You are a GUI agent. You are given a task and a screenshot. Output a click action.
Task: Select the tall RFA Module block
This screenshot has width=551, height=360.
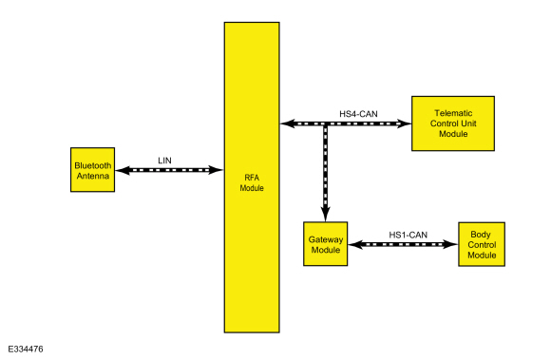pyautogui.click(x=251, y=177)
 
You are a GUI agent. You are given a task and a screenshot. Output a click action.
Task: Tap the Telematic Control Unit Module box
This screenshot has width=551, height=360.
pyautogui.click(x=452, y=123)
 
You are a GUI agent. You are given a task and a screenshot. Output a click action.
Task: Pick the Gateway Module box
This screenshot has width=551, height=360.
pyautogui.click(x=325, y=244)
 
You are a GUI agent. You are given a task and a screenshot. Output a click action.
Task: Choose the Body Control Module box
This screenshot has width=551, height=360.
pyautogui.click(x=482, y=244)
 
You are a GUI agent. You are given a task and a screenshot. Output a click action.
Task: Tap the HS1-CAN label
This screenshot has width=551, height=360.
pyautogui.click(x=408, y=234)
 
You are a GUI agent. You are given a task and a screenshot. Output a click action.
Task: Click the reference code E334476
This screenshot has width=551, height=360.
pyautogui.click(x=28, y=350)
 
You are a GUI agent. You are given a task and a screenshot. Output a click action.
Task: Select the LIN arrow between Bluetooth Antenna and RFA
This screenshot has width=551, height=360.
pyautogui.click(x=167, y=170)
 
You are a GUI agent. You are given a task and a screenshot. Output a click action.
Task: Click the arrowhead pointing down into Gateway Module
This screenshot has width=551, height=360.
pyautogui.click(x=325, y=215)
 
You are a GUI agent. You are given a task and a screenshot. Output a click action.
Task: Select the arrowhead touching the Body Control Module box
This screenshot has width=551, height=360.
pyautogui.click(x=451, y=244)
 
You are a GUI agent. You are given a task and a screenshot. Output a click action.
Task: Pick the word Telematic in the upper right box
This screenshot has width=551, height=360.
pyautogui.click(x=452, y=113)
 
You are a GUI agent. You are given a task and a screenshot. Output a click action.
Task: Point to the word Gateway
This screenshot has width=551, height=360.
pyautogui.click(x=325, y=238)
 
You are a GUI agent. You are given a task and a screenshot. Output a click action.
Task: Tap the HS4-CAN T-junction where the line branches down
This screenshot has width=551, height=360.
pyautogui.click(x=325, y=123)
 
